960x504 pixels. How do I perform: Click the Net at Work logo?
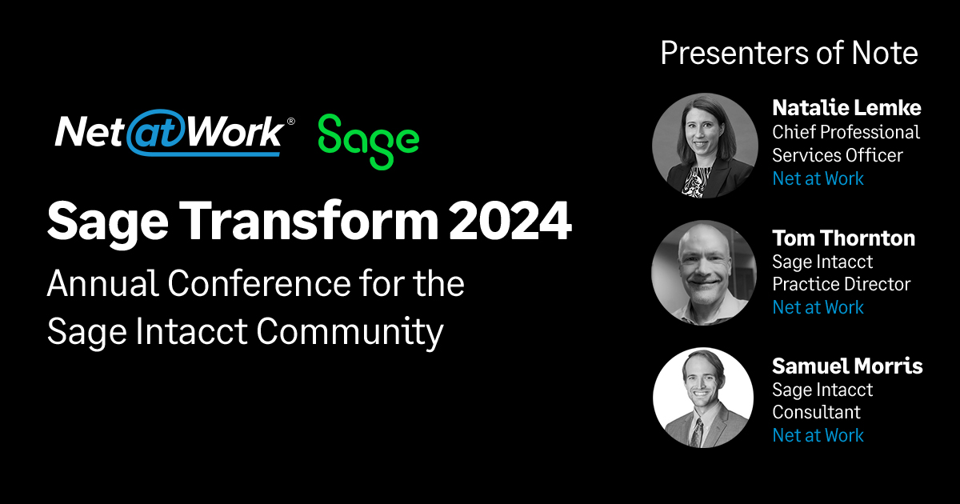pos(169,134)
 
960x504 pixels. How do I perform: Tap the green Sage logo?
pos(368,140)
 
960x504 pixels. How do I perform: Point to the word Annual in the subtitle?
pos(94,284)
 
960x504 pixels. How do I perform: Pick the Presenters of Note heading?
pos(789,54)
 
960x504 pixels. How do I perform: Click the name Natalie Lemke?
pos(846,107)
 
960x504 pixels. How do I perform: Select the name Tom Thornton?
pos(843,238)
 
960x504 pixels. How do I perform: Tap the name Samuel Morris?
pos(846,366)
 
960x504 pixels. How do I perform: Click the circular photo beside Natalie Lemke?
pos(705,145)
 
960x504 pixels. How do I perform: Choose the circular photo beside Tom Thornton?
pos(705,273)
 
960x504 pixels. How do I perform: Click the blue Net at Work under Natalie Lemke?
pos(818,178)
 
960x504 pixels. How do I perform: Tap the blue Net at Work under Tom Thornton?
pos(818,307)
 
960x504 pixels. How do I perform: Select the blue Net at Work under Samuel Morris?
pos(818,435)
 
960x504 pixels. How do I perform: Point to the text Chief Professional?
pos(846,131)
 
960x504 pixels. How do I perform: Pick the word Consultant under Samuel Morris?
pos(816,413)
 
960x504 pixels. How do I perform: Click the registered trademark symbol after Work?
pos(290,122)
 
